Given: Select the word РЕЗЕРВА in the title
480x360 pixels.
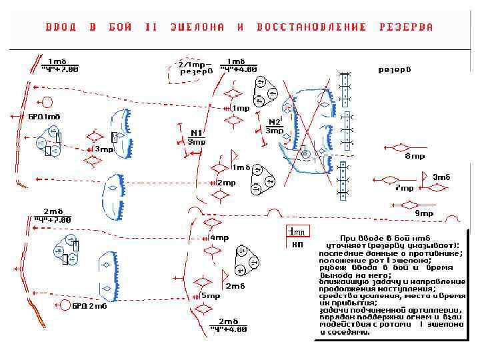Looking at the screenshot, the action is click(x=406, y=27).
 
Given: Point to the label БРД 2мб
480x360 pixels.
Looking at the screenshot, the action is click(x=89, y=307).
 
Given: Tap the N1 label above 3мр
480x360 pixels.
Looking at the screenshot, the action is click(x=197, y=132).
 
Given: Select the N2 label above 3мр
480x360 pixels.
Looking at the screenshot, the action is click(x=274, y=122).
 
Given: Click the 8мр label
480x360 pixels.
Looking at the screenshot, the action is click(x=415, y=156).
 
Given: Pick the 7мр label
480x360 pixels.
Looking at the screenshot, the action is click(x=404, y=188).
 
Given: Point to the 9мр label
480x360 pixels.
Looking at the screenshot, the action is click(x=424, y=213).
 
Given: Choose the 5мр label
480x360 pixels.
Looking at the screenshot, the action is click(x=211, y=295).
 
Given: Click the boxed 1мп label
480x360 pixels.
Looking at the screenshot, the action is click(x=297, y=231).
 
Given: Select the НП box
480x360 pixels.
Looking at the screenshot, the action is click(x=297, y=244).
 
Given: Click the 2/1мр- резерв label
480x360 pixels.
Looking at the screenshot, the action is click(x=195, y=67).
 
